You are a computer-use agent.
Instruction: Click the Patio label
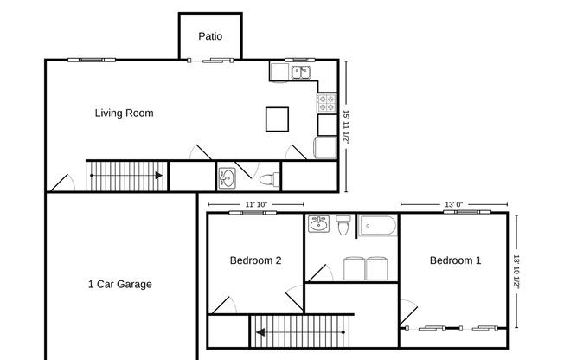(210, 36)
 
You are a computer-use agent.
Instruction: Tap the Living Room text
(124, 112)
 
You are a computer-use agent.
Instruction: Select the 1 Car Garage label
(119, 284)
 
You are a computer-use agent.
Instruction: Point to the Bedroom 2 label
(254, 260)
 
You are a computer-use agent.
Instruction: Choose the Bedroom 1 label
(455, 260)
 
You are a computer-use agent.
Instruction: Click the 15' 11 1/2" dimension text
(345, 126)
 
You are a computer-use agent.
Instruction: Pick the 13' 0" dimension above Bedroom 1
(453, 204)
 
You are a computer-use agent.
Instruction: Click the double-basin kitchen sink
(300, 73)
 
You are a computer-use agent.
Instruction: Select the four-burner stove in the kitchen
(326, 102)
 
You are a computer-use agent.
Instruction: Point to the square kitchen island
(278, 119)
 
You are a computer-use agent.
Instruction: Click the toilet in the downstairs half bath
(269, 179)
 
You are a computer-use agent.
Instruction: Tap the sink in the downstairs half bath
(228, 177)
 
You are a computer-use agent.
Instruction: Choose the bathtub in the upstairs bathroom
(377, 227)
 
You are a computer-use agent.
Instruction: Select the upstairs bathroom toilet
(343, 226)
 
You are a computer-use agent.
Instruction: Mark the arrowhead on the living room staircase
(159, 176)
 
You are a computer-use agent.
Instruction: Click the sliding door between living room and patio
(210, 60)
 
